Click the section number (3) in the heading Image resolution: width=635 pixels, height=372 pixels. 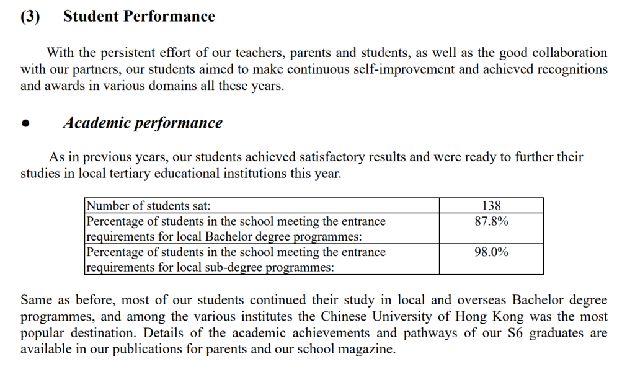(x=30, y=17)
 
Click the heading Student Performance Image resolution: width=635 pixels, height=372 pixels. (x=139, y=17)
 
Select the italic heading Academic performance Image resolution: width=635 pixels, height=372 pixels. (x=143, y=123)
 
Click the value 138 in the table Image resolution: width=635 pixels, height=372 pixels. (x=491, y=206)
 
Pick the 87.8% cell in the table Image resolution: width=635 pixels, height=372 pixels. (x=491, y=221)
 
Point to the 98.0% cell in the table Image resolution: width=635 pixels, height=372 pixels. (x=491, y=252)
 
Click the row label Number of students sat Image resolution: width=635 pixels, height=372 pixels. (x=153, y=206)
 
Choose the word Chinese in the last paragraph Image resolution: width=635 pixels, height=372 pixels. (x=344, y=317)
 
